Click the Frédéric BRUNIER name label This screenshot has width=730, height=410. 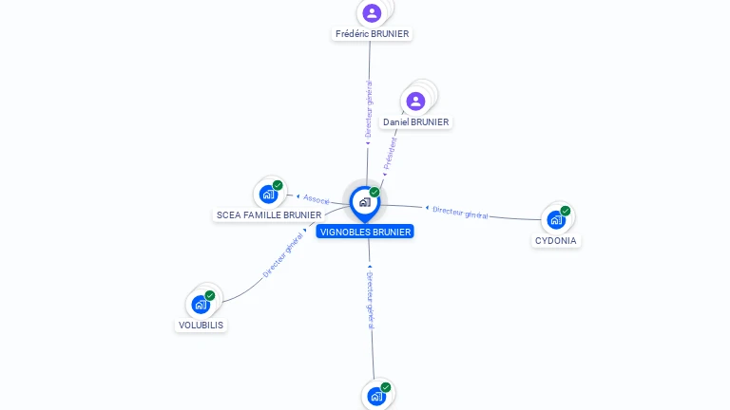[x=372, y=34]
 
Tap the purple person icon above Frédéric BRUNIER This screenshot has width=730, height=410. [x=372, y=13]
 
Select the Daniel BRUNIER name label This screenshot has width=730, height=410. [x=415, y=122]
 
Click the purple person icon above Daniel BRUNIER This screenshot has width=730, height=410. [x=415, y=101]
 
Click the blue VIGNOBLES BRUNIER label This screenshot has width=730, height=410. [x=365, y=232]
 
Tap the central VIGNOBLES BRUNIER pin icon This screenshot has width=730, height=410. [x=364, y=202]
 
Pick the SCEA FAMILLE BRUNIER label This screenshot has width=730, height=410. [x=269, y=215]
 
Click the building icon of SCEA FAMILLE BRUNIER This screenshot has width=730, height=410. [x=269, y=195]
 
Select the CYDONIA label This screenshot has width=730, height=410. [x=556, y=241]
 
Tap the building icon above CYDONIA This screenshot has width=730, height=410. [x=556, y=220]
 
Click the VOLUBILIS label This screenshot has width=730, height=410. [x=202, y=325]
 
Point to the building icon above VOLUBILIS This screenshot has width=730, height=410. [x=201, y=305]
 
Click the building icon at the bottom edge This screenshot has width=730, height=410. [x=376, y=396]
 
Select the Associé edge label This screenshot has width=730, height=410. [x=316, y=199]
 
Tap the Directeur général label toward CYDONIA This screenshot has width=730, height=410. [x=460, y=213]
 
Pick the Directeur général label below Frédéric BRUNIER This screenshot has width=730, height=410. [x=369, y=110]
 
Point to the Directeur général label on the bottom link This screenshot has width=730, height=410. [x=370, y=300]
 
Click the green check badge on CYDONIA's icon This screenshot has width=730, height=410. [x=566, y=211]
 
